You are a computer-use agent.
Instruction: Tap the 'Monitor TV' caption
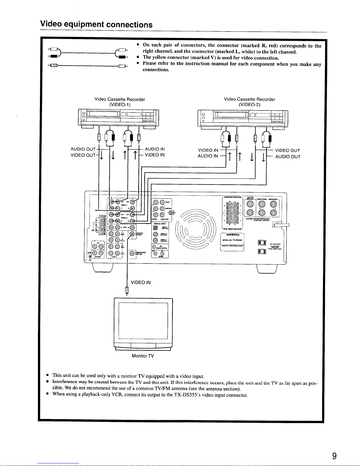(x=143, y=356)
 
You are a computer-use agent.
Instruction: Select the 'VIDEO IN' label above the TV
(x=140, y=283)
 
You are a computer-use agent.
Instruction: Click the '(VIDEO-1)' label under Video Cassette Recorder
(x=120, y=104)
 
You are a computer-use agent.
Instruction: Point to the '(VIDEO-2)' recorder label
(x=250, y=104)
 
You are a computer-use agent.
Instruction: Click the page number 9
(x=334, y=456)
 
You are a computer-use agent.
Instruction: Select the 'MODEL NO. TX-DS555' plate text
(x=232, y=240)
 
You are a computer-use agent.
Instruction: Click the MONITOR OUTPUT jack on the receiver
(x=132, y=234)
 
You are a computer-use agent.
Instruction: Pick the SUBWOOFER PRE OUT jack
(x=132, y=253)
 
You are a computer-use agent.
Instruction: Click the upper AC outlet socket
(x=262, y=243)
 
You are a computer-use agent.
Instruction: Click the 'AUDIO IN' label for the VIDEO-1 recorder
(x=155, y=149)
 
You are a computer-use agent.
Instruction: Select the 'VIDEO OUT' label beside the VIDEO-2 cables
(x=287, y=151)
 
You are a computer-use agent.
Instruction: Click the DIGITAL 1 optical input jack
(x=155, y=227)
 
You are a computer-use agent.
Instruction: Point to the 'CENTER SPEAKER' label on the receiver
(x=250, y=198)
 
